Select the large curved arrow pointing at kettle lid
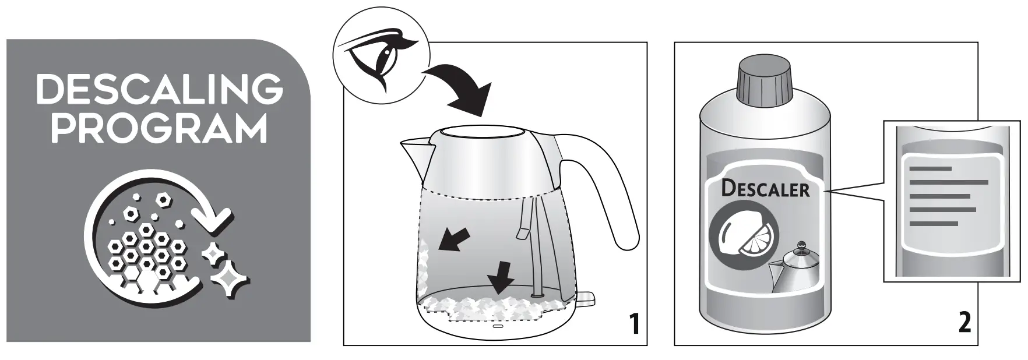pos(460,90)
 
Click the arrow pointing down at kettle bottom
pos(501,278)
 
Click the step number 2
pos(964,323)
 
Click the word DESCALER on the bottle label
pos(765,189)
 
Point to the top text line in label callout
pos(930,169)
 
